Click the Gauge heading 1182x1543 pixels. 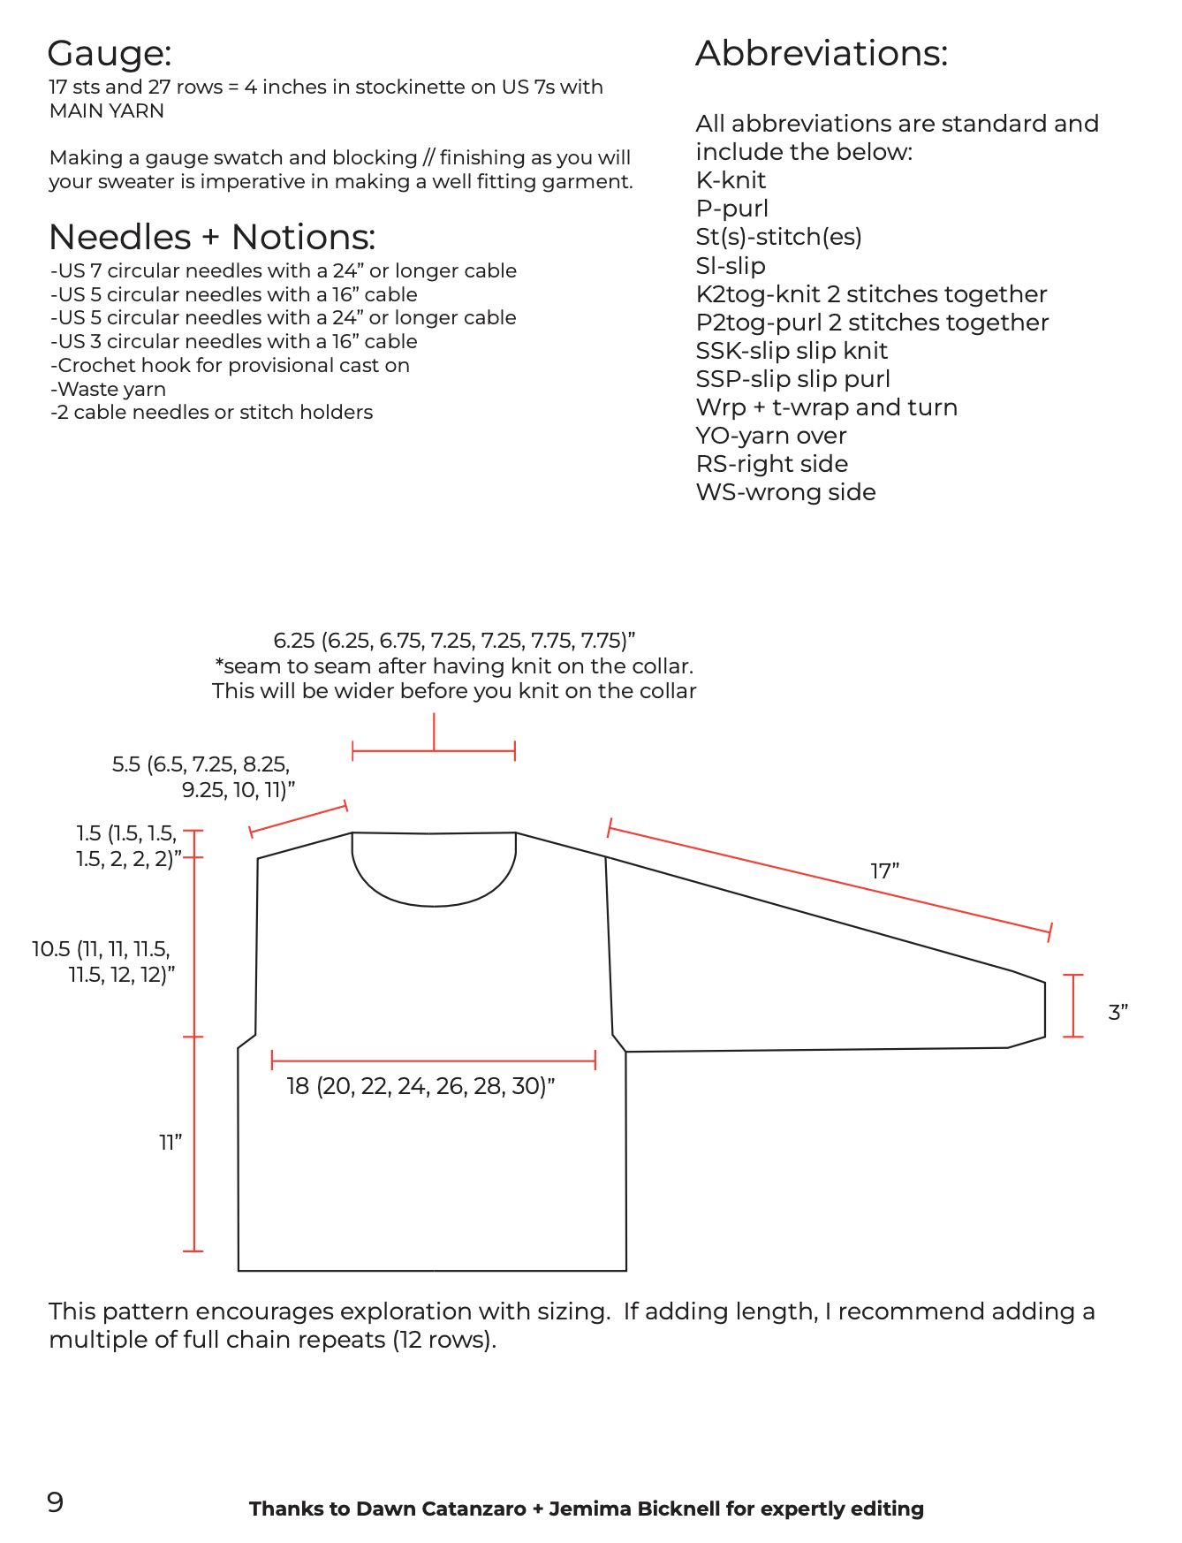point(110,54)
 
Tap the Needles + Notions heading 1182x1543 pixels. point(212,237)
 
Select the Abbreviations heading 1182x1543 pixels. point(821,54)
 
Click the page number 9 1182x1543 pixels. point(56,1502)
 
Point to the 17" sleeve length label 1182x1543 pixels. point(884,871)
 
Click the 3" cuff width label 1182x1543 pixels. point(1118,1013)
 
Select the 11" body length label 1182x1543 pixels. point(170,1143)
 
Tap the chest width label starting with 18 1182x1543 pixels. point(421,1086)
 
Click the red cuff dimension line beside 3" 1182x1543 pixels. point(1073,1006)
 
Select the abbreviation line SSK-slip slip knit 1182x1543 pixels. point(792,351)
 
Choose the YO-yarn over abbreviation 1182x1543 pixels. point(771,436)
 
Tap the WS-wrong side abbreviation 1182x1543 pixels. point(785,492)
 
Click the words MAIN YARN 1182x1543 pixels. point(107,110)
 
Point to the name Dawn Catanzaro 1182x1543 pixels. point(441,1509)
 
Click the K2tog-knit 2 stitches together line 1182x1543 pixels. point(871,294)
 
